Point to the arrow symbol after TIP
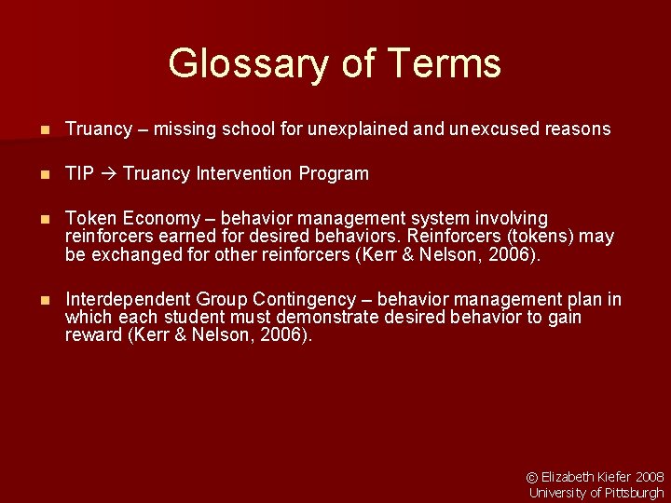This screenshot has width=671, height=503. [108, 174]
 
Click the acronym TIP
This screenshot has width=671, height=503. [79, 174]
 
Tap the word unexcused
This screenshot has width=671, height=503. [489, 129]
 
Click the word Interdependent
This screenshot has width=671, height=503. [128, 300]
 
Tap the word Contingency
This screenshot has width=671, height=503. [300, 300]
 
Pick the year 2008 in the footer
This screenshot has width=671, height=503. [650, 477]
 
